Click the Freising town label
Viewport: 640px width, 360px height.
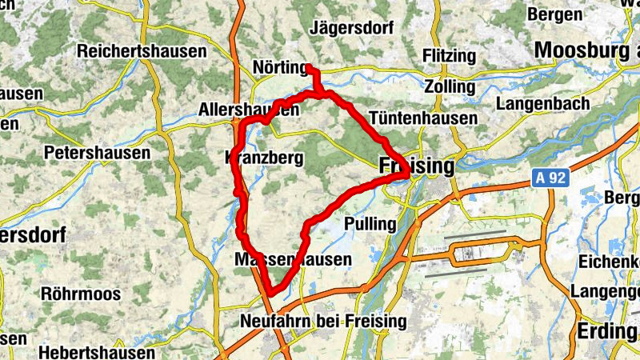[x=415, y=166]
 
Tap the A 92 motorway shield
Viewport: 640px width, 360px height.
[x=550, y=182]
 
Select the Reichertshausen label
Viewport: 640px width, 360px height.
[x=142, y=51]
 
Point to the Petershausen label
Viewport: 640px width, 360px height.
[x=98, y=152]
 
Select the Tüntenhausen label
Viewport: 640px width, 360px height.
[x=423, y=118]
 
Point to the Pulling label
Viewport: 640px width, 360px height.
[x=370, y=223]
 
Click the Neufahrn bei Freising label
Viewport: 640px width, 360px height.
[x=323, y=322]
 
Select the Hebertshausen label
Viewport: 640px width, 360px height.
[x=97, y=353]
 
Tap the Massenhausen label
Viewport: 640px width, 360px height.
[x=294, y=260]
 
